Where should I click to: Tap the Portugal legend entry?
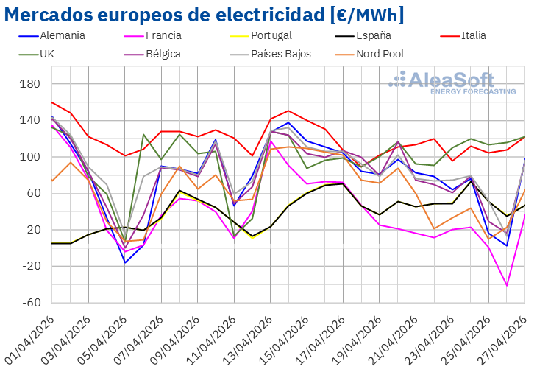271,35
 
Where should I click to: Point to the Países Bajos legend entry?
281,54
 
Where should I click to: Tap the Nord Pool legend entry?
380,54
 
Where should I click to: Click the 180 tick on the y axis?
30,84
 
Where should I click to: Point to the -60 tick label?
30,303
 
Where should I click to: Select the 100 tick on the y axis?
30,157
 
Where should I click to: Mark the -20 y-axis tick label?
30,266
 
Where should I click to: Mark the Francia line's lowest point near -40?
507,285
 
